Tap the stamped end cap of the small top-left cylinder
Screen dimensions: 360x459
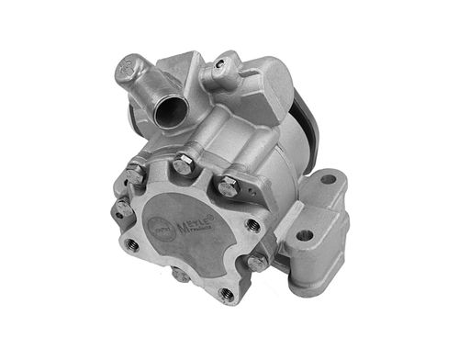129,71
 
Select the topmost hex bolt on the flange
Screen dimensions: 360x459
182,166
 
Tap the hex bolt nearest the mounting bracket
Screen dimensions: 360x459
258,262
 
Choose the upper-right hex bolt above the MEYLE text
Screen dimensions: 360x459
228,187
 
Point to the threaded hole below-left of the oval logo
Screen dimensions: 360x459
132,244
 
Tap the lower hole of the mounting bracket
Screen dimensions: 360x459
305,235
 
